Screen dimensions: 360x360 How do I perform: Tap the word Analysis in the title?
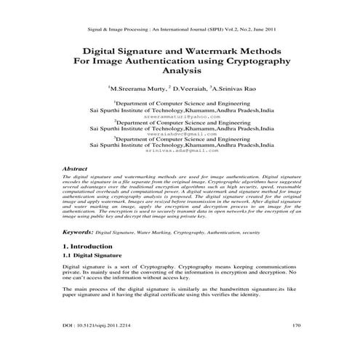[180, 74]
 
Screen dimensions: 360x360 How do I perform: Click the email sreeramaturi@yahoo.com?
[180, 116]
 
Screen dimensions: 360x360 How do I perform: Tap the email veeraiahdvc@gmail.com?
[180, 134]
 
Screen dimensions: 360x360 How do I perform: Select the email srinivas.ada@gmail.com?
[180, 151]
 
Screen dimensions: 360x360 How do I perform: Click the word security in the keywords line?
[251, 232]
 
